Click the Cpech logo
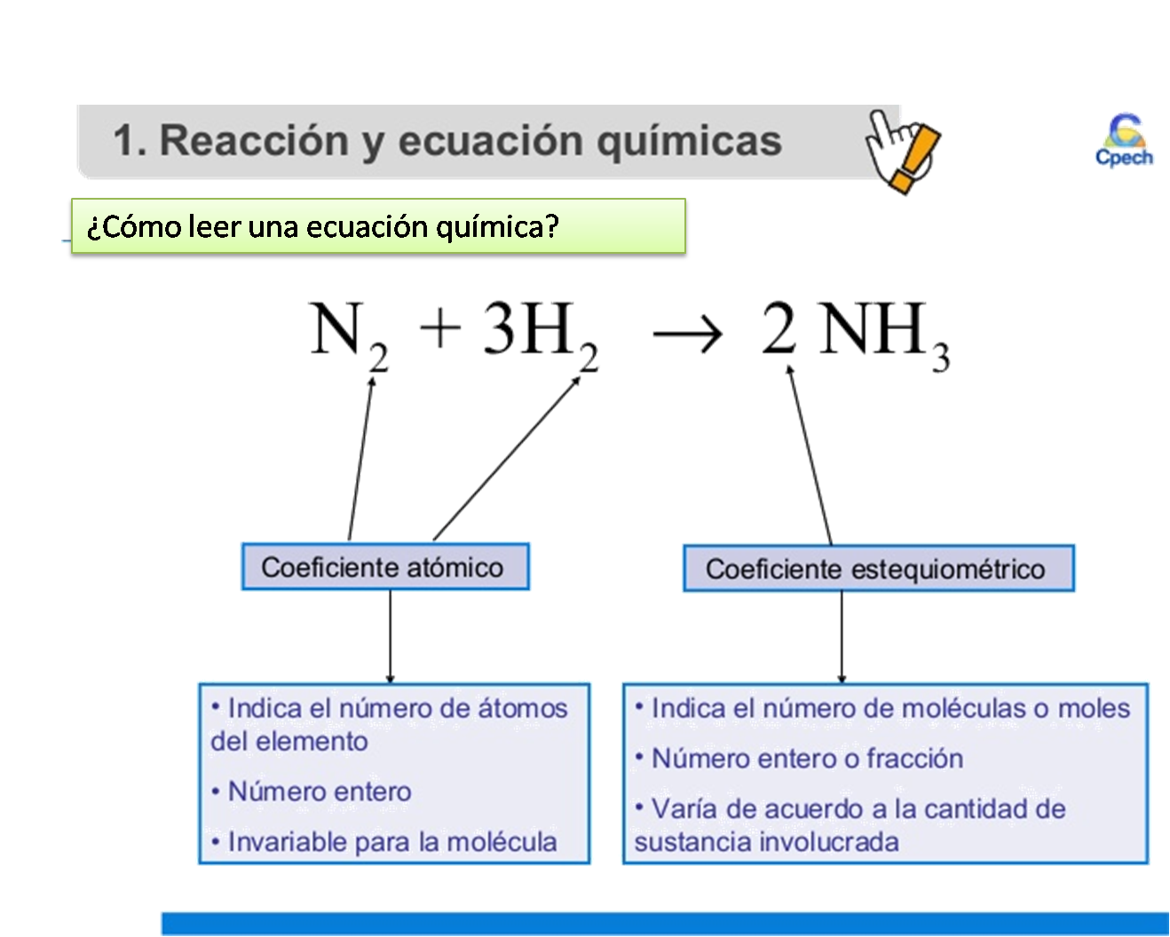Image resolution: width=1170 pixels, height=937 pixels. (1125, 141)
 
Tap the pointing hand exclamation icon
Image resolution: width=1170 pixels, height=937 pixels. (903, 151)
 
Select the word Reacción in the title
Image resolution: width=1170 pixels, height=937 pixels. (254, 141)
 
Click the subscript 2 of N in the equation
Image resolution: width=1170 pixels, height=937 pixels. (379, 358)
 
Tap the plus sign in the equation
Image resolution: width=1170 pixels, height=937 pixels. (440, 327)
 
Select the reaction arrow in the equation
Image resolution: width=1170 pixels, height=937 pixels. (686, 335)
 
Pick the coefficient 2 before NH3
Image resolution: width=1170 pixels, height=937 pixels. (779, 327)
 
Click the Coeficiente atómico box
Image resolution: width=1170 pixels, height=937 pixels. (385, 567)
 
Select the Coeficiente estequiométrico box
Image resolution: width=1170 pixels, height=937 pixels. (878, 569)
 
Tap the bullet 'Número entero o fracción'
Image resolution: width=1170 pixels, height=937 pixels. (806, 759)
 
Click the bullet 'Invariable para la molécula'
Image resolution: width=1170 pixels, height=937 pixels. (391, 842)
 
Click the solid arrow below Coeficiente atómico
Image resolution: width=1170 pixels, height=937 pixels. (390, 636)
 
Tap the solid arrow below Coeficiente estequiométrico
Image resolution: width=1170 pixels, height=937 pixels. (842, 637)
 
